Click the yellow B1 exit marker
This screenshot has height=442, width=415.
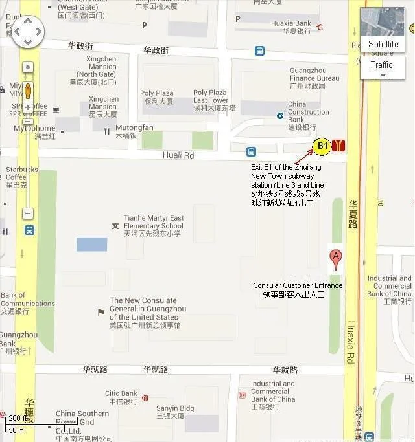[322, 146]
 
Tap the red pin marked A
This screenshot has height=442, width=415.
[335, 259]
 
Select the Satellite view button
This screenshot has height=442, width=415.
[383, 44]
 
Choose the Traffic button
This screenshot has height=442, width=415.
[382, 65]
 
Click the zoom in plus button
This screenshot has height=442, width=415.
[27, 107]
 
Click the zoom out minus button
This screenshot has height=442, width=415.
[27, 213]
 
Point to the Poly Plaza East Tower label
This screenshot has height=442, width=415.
[211, 100]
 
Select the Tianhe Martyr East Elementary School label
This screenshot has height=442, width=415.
[154, 226]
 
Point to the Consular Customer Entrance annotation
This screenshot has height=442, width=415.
[298, 289]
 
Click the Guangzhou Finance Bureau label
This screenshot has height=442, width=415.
[314, 78]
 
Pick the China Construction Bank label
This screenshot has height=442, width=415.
[308, 115]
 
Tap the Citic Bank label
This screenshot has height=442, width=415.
[121, 397]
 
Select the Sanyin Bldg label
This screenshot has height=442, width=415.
[175, 412]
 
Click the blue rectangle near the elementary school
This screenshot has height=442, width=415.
[92, 245]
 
